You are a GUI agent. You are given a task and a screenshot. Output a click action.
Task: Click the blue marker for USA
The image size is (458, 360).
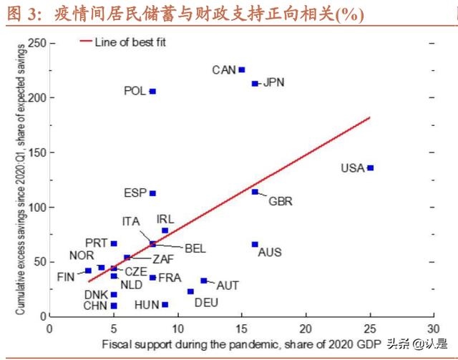(x=370, y=167)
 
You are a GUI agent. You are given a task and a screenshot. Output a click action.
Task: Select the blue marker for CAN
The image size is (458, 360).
(x=242, y=69)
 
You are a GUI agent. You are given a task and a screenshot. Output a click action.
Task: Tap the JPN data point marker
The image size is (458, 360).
(x=255, y=83)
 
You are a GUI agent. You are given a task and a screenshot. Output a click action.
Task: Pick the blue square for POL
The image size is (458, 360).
(x=152, y=91)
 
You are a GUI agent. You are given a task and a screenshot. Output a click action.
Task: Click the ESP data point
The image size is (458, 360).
(x=152, y=193)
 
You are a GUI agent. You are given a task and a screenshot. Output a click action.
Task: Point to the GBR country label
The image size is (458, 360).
(x=280, y=201)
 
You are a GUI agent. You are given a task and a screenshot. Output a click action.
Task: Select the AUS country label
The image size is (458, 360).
(x=270, y=252)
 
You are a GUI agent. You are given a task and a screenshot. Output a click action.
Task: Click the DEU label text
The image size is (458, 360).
(x=207, y=302)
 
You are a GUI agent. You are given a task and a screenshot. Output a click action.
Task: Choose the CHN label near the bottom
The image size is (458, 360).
(x=96, y=306)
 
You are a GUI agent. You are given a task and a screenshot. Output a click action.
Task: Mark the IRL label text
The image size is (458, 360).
(x=165, y=218)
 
